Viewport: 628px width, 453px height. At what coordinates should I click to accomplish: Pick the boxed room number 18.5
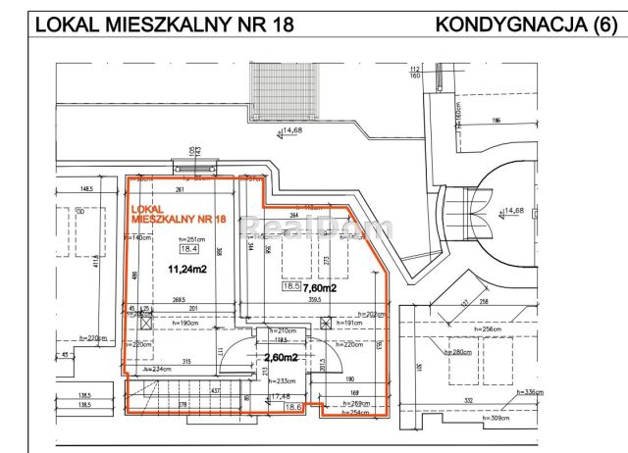[289, 287]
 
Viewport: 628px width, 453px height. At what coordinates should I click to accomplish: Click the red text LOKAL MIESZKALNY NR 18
[172, 215]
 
